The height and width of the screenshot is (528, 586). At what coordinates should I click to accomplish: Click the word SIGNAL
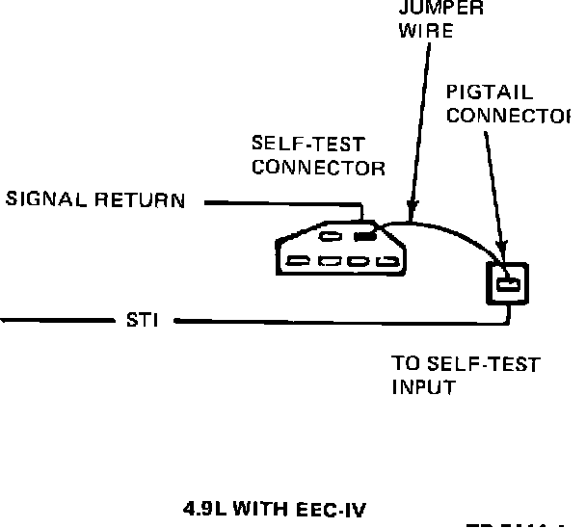[x=47, y=200]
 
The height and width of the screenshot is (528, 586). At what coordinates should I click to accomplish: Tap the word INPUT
[x=422, y=387]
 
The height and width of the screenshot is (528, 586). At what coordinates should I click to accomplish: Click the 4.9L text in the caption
[x=200, y=508]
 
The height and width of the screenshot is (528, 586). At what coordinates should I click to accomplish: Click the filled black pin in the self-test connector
[x=363, y=235]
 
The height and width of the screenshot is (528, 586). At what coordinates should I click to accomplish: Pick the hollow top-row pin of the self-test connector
[x=330, y=236]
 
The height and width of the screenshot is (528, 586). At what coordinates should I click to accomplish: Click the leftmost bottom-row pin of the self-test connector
[x=299, y=261]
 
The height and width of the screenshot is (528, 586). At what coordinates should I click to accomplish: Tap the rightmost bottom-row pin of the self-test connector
[x=386, y=261]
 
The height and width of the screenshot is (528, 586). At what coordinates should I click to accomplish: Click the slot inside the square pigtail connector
[x=509, y=283]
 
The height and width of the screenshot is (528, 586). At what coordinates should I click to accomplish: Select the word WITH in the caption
[x=270, y=508]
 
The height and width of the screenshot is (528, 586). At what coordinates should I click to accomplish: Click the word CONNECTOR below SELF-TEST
[x=319, y=167]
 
